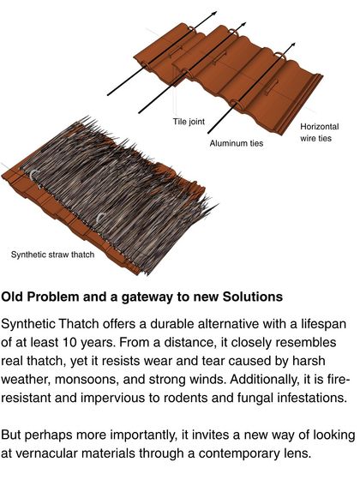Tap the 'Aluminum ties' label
pos(237,143)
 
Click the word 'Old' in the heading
pos(15,297)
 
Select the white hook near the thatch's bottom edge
pos(104,218)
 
